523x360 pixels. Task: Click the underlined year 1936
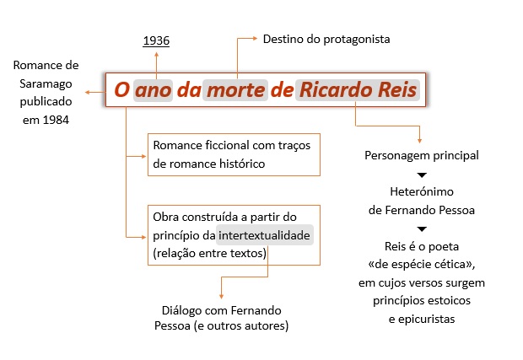pyautogui.click(x=156, y=40)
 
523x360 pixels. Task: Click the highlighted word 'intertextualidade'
pyautogui.click(x=266, y=235)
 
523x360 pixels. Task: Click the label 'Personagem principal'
pyautogui.click(x=422, y=155)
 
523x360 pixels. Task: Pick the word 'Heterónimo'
pyautogui.click(x=422, y=191)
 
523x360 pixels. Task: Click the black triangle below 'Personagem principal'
pyautogui.click(x=422, y=174)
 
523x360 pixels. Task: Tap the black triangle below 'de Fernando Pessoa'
pyautogui.click(x=422, y=228)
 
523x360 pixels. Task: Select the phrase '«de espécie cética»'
pyautogui.click(x=422, y=265)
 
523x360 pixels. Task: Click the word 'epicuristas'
pyautogui.click(x=422, y=319)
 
